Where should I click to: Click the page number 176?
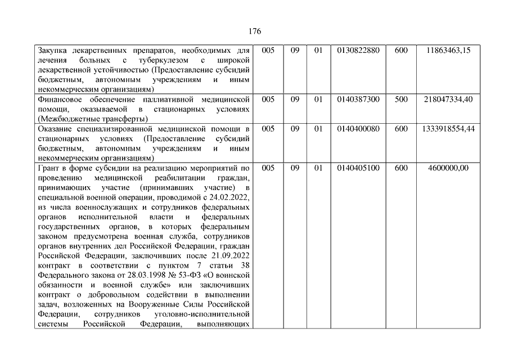pyautogui.click(x=254, y=31)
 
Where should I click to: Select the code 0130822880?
pyautogui.click(x=358, y=51)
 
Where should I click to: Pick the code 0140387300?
pyautogui.click(x=358, y=99)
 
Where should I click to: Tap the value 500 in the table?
pyautogui.click(x=401, y=99)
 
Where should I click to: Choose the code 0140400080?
pyautogui.click(x=358, y=129)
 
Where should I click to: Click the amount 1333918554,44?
pyautogui.click(x=448, y=129)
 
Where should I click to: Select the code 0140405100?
pyautogui.click(x=358, y=168)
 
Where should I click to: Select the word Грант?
pyautogui.click(x=48, y=168)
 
